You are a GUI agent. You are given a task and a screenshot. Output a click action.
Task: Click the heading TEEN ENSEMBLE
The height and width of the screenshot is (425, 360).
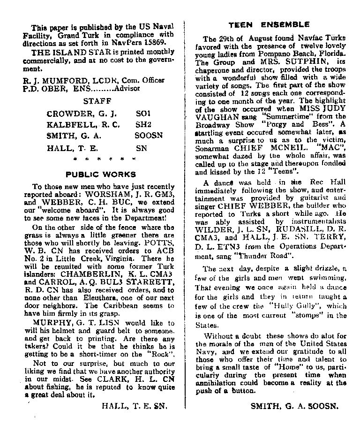click(x=269, y=24)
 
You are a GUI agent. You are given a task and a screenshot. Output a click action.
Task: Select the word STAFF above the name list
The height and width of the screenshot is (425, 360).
click(x=97, y=100)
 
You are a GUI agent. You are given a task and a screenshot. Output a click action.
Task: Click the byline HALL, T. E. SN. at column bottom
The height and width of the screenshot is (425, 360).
click(x=134, y=406)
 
